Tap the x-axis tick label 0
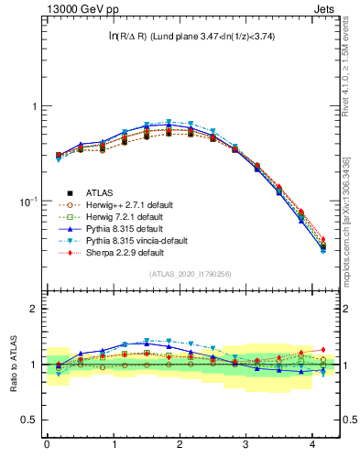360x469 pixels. click(47, 446)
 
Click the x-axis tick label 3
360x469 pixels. click(246, 446)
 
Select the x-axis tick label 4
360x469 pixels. click(312, 446)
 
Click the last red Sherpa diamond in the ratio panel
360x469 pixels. click(322, 349)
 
